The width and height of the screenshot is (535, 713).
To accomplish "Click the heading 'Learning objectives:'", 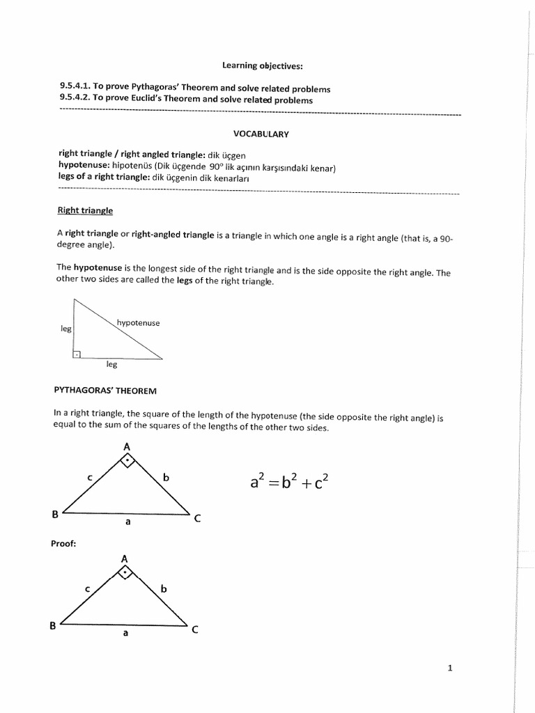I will (263, 66).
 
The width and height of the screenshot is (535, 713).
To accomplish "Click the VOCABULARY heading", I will (261, 134).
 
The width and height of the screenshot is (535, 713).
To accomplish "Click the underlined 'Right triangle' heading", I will (84, 210).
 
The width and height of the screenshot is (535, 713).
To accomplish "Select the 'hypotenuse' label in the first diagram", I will (138, 323).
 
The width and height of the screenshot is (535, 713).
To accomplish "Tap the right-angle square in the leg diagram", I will (77, 354).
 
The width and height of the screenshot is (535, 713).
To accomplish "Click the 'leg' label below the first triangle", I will (111, 364).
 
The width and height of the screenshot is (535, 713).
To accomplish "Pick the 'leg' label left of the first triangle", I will (66, 328).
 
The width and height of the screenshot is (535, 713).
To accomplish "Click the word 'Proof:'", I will (63, 543).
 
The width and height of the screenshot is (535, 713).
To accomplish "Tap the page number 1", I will (450, 668).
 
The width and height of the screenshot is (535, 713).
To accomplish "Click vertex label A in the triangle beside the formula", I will (126, 446).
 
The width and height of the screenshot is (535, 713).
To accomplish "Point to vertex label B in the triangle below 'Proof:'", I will (52, 625).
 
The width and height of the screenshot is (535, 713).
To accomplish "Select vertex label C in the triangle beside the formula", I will (197, 518).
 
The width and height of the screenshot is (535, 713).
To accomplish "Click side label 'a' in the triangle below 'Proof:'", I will (126, 634).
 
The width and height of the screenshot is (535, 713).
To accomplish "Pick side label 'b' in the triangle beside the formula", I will (166, 478).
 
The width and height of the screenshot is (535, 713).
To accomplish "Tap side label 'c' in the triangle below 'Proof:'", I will (87, 589).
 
